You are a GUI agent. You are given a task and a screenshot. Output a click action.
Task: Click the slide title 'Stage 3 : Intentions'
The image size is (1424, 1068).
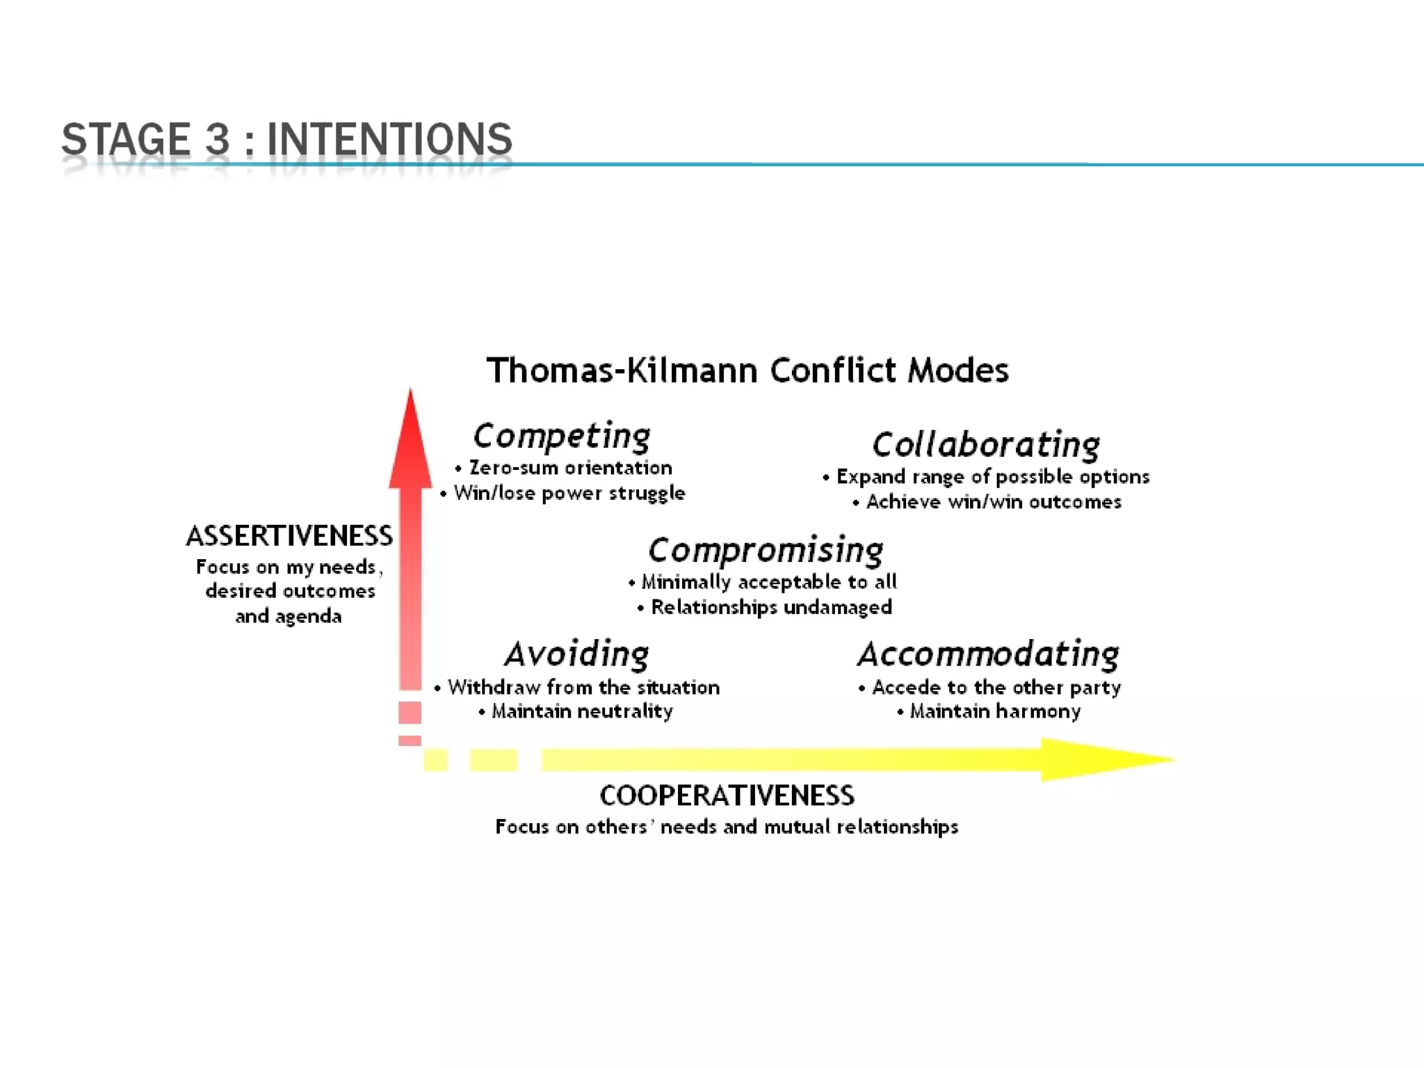click(286, 138)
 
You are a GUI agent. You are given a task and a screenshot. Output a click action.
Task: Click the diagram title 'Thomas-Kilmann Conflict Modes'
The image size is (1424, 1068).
click(747, 370)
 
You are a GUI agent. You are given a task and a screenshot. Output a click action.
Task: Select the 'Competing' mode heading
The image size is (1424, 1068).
click(562, 436)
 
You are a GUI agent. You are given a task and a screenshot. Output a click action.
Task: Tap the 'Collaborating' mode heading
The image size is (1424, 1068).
click(986, 445)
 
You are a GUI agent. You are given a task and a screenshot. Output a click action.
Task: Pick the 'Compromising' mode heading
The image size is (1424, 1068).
click(766, 551)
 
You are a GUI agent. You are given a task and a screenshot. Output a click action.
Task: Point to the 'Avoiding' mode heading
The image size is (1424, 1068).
click(577, 654)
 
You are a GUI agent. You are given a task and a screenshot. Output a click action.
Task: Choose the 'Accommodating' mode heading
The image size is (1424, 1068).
click(988, 654)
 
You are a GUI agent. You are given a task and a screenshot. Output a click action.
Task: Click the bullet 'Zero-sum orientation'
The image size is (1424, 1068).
click(570, 468)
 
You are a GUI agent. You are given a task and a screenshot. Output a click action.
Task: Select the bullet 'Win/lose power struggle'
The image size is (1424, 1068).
click(569, 493)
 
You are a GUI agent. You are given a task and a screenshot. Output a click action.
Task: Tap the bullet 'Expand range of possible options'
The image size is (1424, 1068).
click(992, 477)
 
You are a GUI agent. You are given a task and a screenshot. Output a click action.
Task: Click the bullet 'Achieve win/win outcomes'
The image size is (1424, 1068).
click(993, 502)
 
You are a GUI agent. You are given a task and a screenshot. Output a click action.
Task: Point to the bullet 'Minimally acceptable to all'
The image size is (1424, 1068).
click(768, 582)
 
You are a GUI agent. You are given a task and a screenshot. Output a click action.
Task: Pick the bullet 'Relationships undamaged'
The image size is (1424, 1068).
click(771, 607)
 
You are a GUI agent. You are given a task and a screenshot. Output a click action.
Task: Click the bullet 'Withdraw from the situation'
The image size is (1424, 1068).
click(583, 688)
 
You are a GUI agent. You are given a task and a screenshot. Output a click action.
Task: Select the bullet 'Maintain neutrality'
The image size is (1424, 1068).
click(582, 711)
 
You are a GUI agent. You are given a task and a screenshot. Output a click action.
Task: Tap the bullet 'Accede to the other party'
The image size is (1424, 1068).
click(996, 688)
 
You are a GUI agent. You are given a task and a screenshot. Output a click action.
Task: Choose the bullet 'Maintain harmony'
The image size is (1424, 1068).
click(995, 711)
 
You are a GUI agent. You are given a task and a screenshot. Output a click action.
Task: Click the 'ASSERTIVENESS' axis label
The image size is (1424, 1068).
click(289, 536)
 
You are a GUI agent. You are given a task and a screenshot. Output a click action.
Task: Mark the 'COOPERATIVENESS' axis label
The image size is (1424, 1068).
click(727, 796)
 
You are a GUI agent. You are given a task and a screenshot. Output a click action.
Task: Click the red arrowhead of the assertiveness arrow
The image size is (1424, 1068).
click(410, 445)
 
